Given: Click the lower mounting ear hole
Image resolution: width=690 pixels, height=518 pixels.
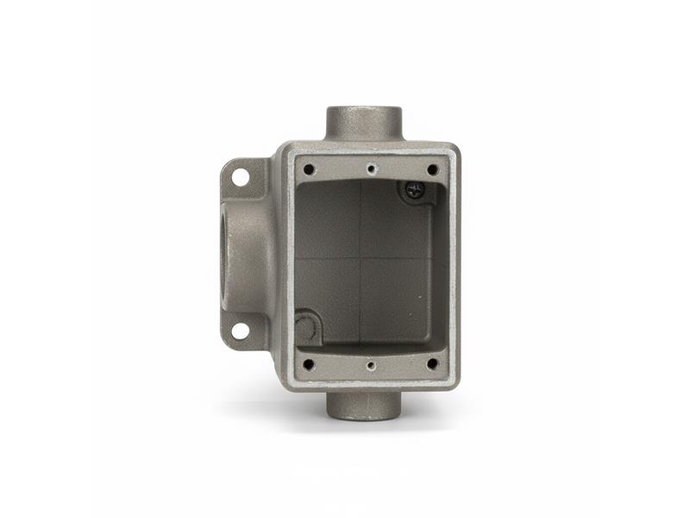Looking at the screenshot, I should [240, 330].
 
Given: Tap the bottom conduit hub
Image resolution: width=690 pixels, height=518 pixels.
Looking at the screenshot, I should [363, 402].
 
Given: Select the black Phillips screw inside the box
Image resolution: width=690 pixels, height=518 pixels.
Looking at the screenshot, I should [411, 190].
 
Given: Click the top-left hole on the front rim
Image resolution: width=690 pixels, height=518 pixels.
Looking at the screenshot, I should [309, 169].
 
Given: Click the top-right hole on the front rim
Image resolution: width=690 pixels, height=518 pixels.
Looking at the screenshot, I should [432, 169].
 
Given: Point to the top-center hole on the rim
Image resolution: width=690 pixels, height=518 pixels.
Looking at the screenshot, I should [370, 169].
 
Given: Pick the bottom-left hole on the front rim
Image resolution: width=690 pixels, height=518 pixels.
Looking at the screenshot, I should [309, 364].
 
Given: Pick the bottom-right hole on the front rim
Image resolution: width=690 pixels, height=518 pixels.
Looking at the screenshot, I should [431, 364].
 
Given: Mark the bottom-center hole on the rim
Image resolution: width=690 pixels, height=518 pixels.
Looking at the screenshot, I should [370, 365].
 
